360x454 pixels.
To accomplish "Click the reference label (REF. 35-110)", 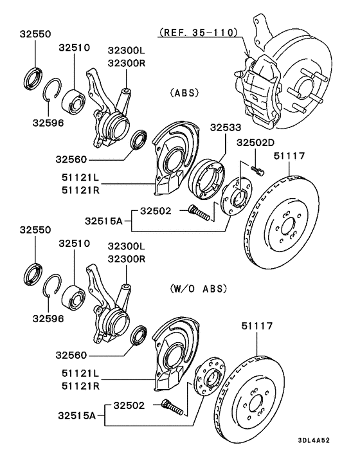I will (197, 32).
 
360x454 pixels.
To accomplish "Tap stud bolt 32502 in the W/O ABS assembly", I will (173, 408).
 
